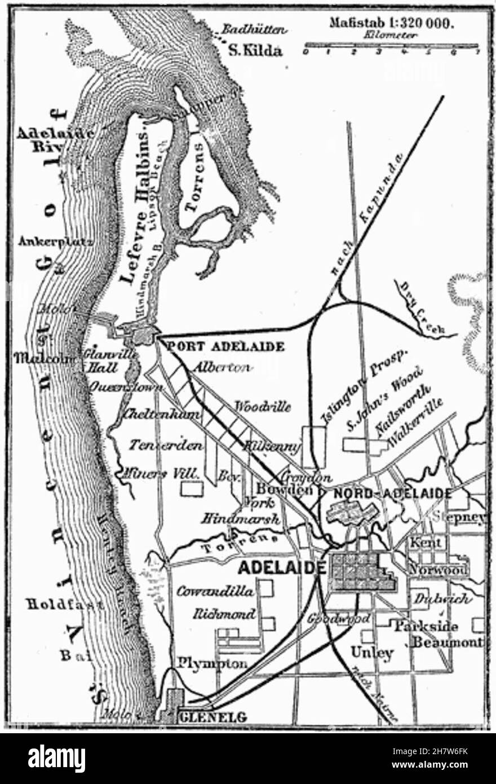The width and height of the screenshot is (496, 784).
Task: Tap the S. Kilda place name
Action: [254, 51]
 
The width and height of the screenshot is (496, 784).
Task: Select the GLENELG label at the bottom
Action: [212, 717]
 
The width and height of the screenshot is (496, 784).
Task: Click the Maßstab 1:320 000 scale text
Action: [393, 25]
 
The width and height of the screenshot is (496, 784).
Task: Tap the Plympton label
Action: [212, 663]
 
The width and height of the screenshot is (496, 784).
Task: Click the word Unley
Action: [371, 653]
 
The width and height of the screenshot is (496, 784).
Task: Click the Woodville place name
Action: [263, 406]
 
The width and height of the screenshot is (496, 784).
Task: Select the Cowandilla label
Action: [216, 592]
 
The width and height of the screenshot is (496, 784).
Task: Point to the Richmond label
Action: [224, 614]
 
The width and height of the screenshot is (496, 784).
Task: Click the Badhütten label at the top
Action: [254, 30]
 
